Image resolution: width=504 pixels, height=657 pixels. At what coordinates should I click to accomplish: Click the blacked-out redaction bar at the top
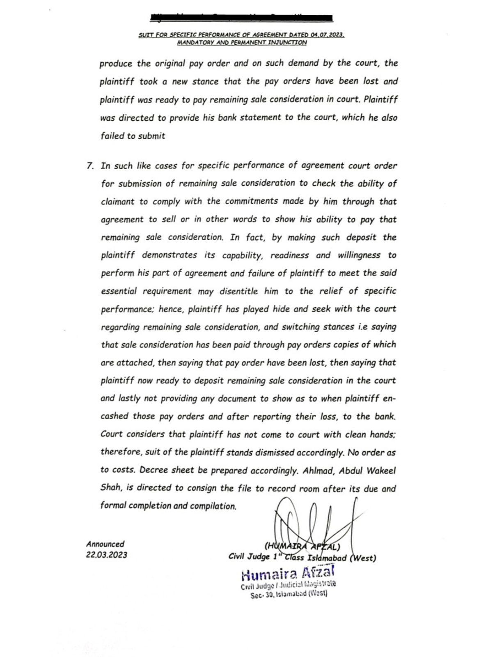pyautogui.click(x=242, y=18)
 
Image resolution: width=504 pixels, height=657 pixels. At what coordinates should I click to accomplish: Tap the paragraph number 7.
pyautogui.click(x=90, y=166)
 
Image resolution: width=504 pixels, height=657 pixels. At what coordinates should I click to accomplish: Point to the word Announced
pyautogui.click(x=105, y=544)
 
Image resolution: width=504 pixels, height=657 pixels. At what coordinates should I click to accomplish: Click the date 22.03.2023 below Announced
pyautogui.click(x=107, y=555)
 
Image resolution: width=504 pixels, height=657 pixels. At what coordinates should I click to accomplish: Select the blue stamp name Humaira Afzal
pyautogui.click(x=288, y=572)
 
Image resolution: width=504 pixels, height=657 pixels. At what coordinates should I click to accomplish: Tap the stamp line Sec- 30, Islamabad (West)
pyautogui.click(x=289, y=594)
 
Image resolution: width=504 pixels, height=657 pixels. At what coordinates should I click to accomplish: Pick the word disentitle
pyautogui.click(x=238, y=291)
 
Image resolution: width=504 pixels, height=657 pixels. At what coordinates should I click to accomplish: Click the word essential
pyautogui.click(x=119, y=291)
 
